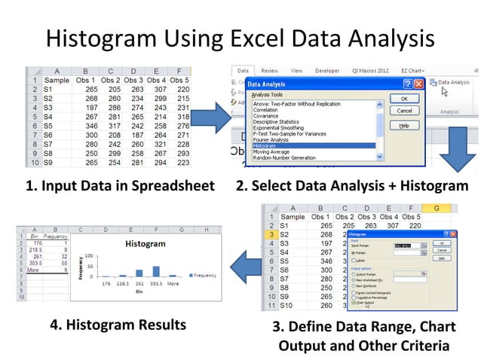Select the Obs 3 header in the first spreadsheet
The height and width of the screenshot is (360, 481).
tap(133, 78)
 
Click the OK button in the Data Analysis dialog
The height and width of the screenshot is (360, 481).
tap(404, 99)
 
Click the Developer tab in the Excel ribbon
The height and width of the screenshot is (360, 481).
tap(326, 71)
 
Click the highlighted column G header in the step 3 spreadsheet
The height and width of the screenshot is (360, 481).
tap(436, 208)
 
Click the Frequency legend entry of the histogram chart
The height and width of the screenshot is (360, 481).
tap(202, 276)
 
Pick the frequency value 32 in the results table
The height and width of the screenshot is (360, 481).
tap(64, 256)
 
